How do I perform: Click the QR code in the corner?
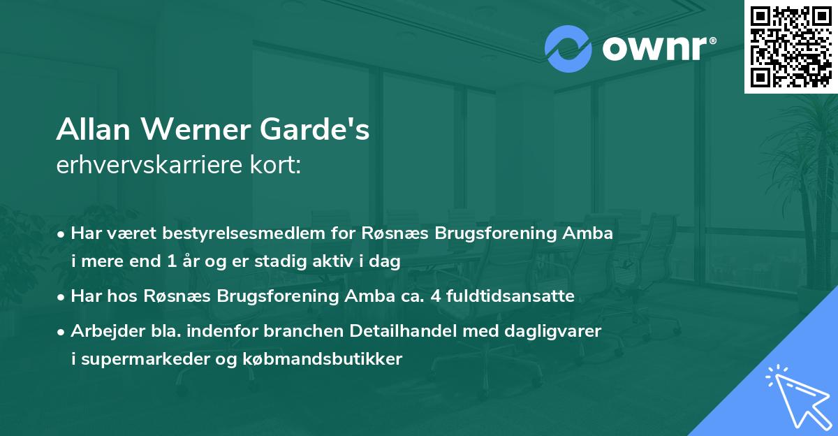(x=791, y=46)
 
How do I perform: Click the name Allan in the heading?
(x=94, y=131)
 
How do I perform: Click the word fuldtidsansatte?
(x=518, y=296)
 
